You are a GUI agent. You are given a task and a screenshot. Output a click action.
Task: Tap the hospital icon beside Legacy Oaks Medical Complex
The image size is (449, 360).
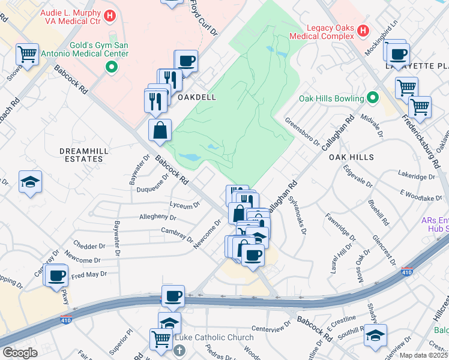tap(363, 30)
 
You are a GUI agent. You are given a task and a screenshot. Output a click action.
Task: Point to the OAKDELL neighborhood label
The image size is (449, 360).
tap(197, 97)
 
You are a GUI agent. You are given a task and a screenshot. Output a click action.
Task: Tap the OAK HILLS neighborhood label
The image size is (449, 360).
tap(351, 157)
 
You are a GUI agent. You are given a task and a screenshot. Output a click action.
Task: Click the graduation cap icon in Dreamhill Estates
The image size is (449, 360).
tap(29, 182)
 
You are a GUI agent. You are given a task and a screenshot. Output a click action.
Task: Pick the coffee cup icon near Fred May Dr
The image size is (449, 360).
tap(58, 276)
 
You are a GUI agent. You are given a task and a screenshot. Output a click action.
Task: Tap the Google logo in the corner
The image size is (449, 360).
tap(20, 353)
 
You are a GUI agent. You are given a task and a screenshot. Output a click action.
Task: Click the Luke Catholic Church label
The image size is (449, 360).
tap(214, 338)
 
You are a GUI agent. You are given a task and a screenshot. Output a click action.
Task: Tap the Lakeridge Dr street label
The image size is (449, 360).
tap(417, 176)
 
